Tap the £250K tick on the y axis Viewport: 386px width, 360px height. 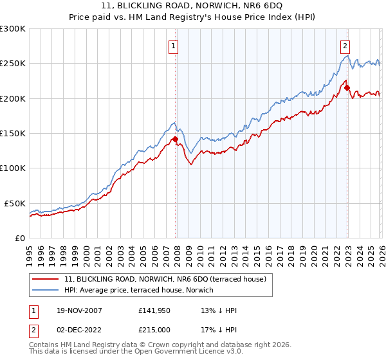[13, 64]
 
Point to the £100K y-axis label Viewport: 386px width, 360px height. [13, 168]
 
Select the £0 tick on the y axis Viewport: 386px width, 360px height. [19, 238]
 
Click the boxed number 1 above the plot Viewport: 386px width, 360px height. [174, 46]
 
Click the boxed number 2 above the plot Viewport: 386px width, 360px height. [345, 46]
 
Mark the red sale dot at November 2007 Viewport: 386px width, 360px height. [175, 139]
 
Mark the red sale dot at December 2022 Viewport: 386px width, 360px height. [347, 87]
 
